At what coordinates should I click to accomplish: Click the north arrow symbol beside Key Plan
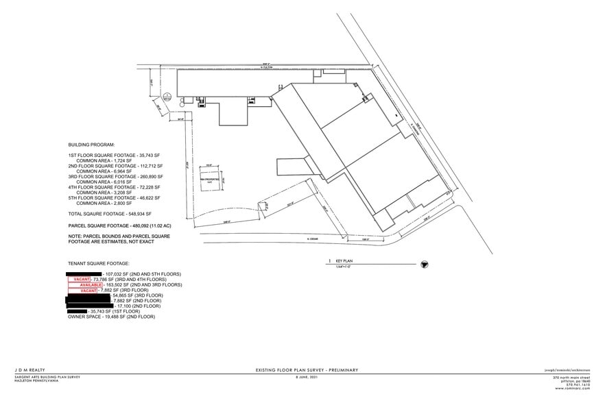pyautogui.click(x=423, y=263)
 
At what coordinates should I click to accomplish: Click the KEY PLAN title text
pyautogui.click(x=342, y=262)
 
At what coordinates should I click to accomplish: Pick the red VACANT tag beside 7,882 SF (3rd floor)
pyautogui.click(x=88, y=291)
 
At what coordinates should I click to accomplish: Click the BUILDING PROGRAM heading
pyautogui.click(x=92, y=145)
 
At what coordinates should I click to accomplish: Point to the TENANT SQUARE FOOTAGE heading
pyautogui.click(x=99, y=263)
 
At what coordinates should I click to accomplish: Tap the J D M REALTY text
pyautogui.click(x=29, y=371)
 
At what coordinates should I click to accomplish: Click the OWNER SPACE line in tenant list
pyautogui.click(x=112, y=317)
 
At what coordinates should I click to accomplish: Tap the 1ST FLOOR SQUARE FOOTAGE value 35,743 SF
pyautogui.click(x=144, y=156)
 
